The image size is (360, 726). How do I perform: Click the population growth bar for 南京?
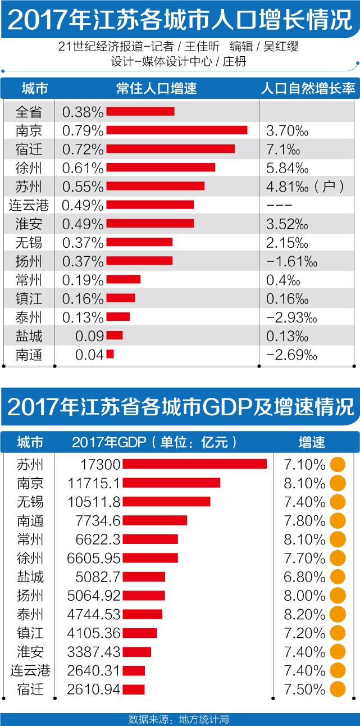(x=176, y=130)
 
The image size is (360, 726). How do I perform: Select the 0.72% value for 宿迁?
(x=83, y=149)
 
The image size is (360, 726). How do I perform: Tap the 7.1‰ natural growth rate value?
(x=281, y=149)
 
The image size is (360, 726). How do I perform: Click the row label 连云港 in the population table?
(x=29, y=205)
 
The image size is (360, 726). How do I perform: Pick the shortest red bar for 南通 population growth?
(x=110, y=354)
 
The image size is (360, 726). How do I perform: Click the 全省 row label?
(x=29, y=112)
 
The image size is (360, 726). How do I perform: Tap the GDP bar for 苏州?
(x=194, y=464)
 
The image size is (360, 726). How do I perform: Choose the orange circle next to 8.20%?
(x=338, y=614)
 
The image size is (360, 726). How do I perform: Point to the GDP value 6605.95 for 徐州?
(x=98, y=558)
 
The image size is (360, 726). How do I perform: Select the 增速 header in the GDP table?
(x=312, y=442)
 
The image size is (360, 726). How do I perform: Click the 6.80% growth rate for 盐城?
(x=303, y=577)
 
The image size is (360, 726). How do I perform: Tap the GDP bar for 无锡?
(x=166, y=501)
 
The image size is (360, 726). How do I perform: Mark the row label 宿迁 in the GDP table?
(x=30, y=689)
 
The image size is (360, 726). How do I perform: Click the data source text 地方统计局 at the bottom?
(x=203, y=719)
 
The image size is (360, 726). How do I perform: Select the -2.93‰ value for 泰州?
(x=292, y=317)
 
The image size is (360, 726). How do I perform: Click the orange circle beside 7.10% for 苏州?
(x=338, y=464)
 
